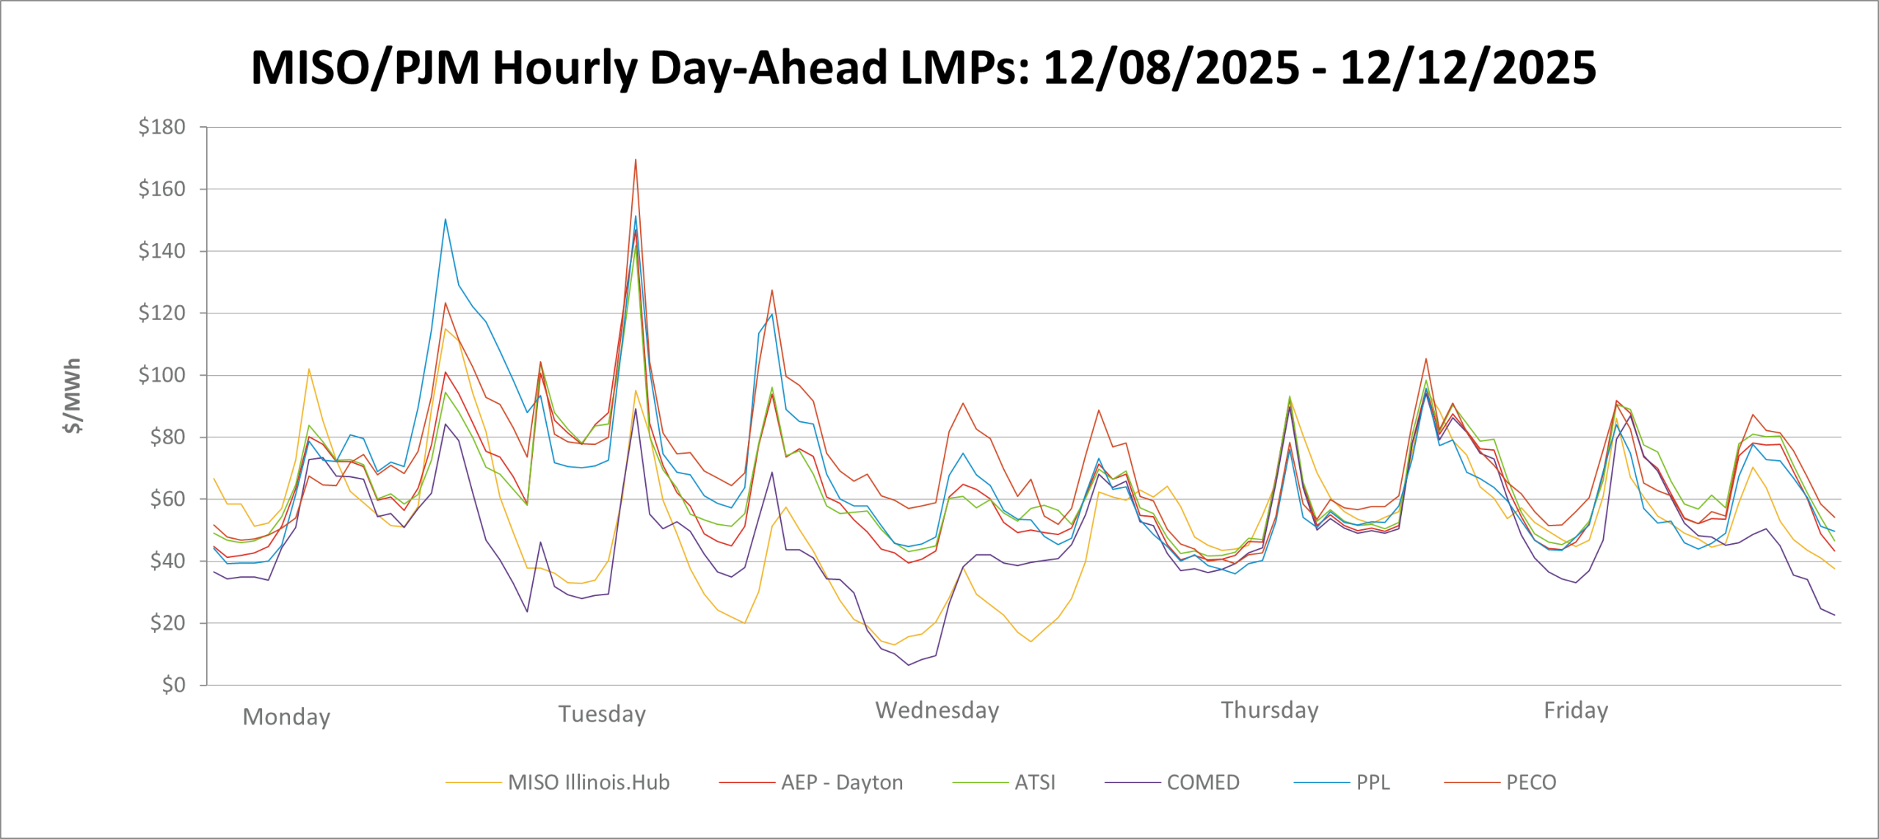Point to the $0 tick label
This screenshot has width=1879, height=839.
pos(173,685)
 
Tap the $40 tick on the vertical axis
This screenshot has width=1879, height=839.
pos(167,561)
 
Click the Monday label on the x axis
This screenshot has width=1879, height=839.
pos(286,716)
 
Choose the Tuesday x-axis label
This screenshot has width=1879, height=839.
pos(602,713)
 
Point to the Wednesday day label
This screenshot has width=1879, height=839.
pos(937,710)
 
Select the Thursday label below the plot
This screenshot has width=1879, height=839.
pos(1270,710)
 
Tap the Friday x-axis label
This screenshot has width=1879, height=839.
pos(1576,710)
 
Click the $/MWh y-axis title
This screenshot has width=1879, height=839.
pos(72,396)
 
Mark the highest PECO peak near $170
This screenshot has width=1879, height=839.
pos(636,159)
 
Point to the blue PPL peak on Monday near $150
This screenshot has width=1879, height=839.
pos(445,219)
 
